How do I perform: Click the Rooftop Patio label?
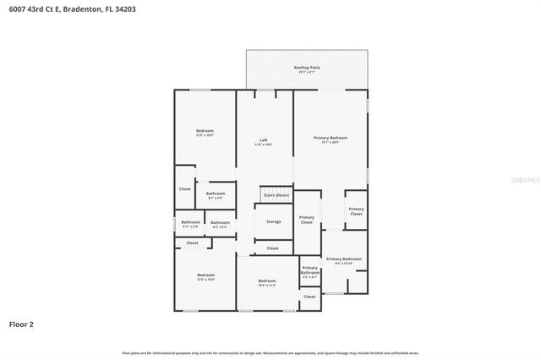click(307, 67)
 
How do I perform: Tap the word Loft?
click(264, 139)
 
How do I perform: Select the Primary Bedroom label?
click(330, 138)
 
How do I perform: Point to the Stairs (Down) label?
click(276, 195)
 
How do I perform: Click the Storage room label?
click(273, 221)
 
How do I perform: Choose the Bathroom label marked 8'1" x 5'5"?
click(216, 194)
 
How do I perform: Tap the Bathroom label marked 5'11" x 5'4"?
click(190, 222)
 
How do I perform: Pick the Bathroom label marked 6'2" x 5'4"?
click(219, 223)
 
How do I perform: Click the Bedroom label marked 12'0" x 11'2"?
click(267, 281)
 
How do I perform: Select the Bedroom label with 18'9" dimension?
click(205, 131)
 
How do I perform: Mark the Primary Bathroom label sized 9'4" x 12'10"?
click(343, 259)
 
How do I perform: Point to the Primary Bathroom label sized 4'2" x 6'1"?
click(310, 270)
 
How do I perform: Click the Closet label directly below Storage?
click(272, 248)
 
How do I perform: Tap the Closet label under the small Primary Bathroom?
click(309, 297)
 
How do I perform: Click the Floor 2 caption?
click(21, 324)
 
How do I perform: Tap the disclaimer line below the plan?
click(270, 353)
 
